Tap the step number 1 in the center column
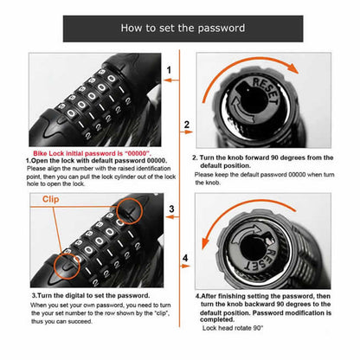click(170, 69)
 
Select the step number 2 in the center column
click(186, 125)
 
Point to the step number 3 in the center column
click(171, 209)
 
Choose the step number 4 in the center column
click(185, 259)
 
